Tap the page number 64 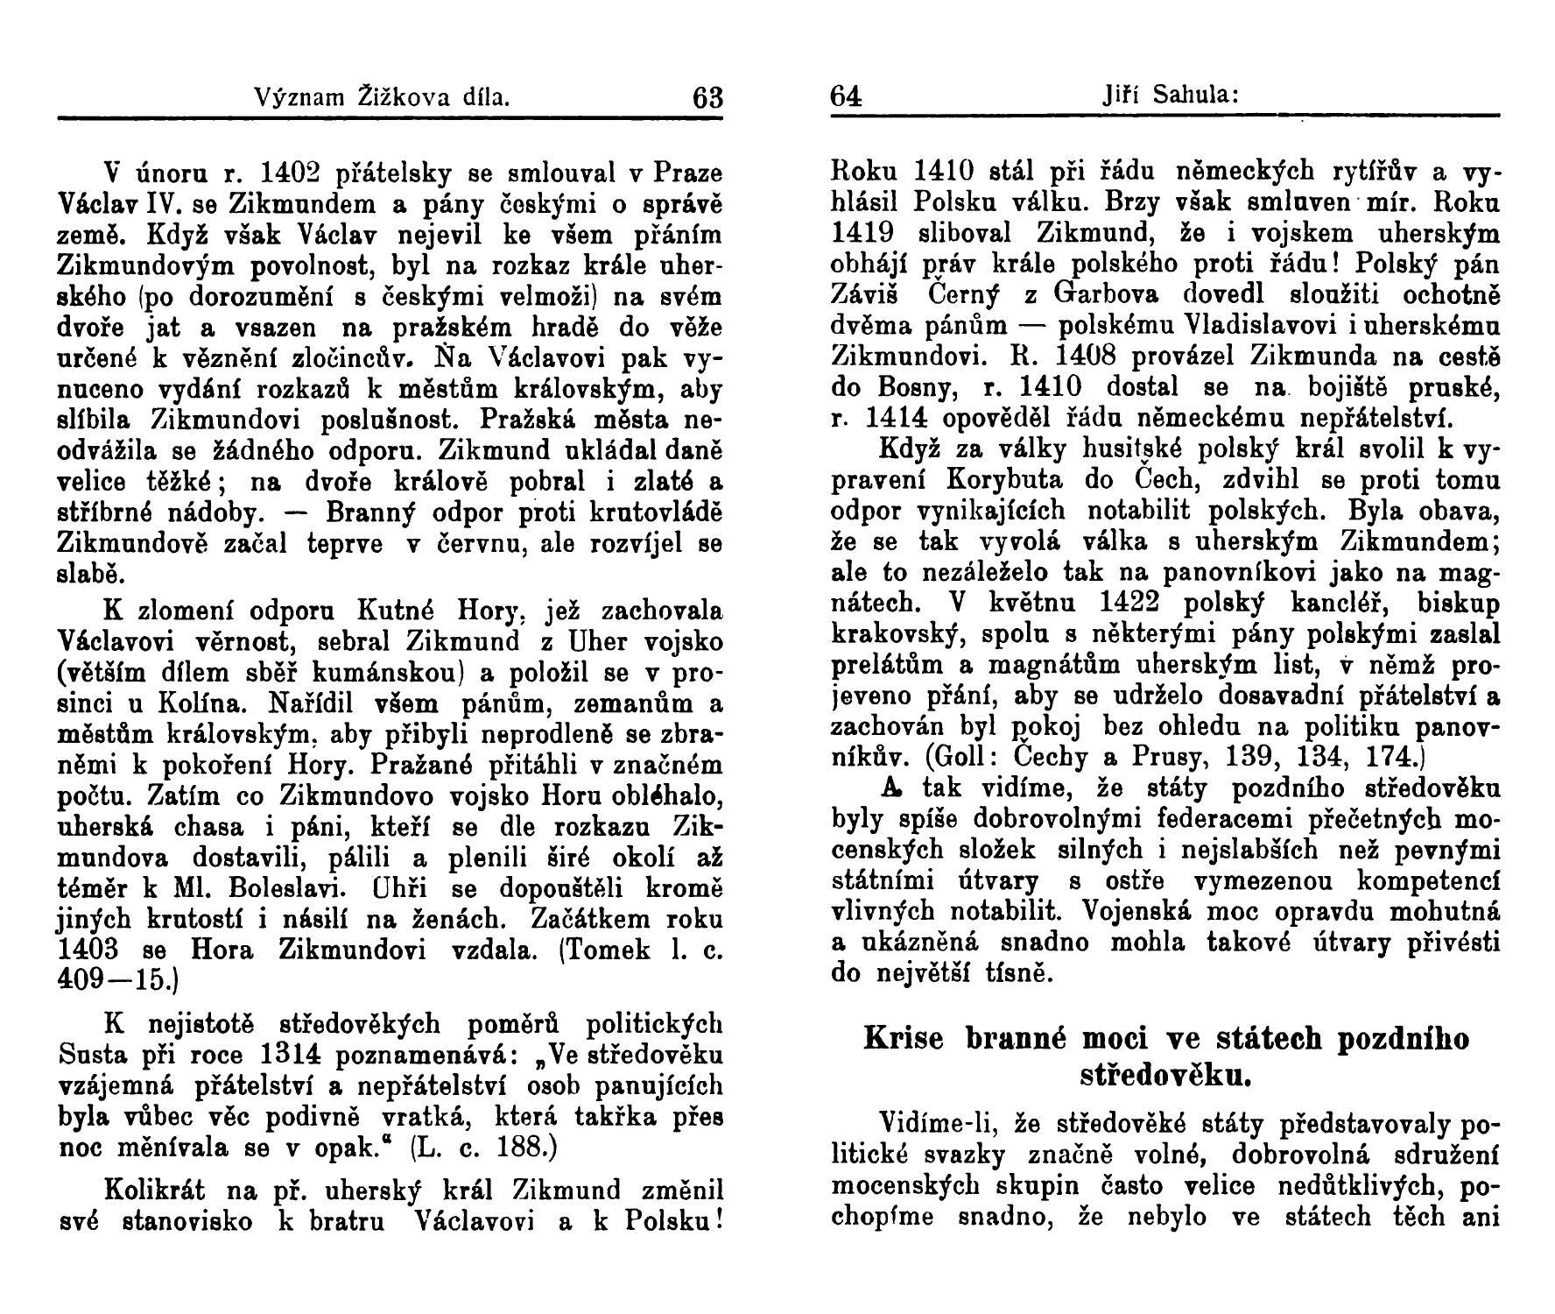846,95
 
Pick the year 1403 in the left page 84,950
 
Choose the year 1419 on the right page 862,234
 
